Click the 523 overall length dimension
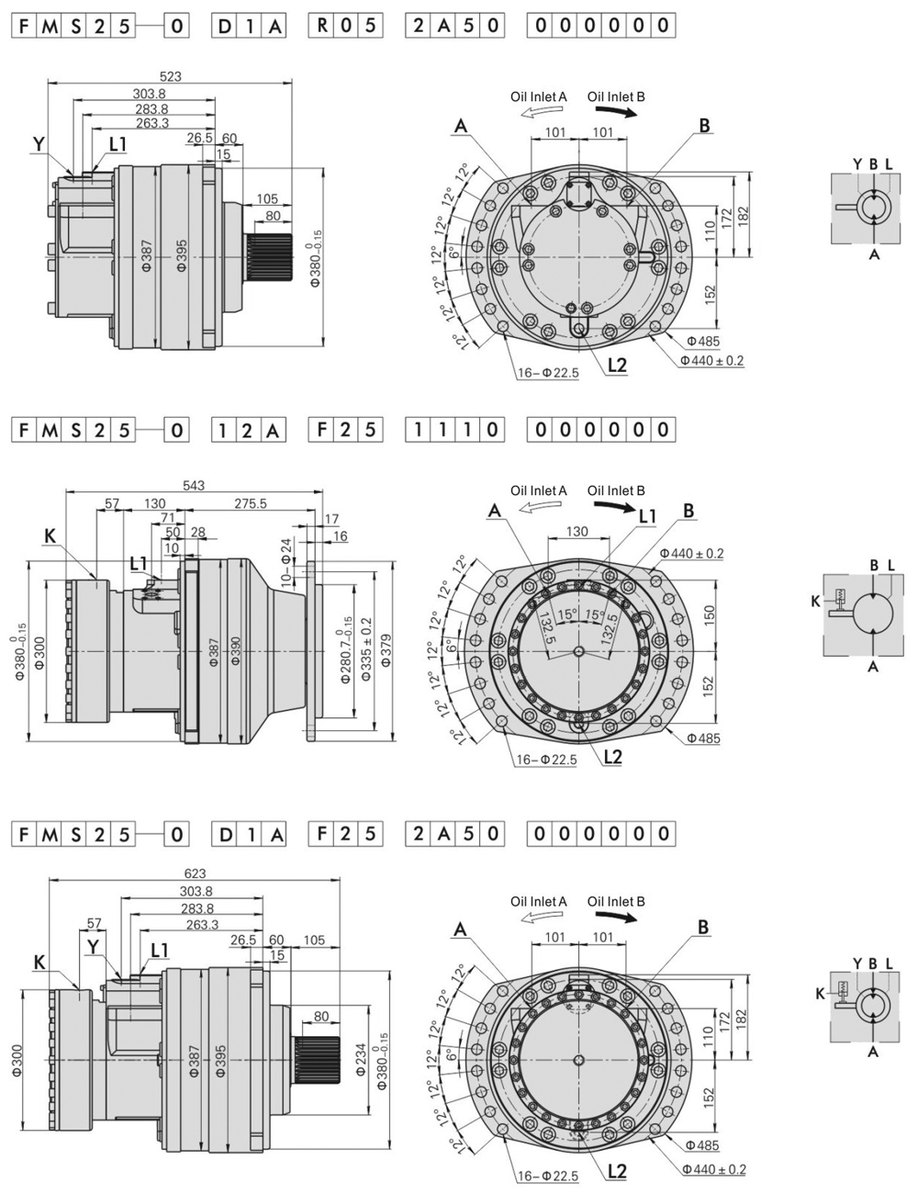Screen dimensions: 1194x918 click(x=171, y=77)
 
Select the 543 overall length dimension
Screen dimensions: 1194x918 click(x=194, y=485)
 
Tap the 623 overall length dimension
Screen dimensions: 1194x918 click(x=195, y=873)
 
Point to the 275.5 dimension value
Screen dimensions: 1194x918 click(x=251, y=503)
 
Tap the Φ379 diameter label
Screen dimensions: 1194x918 click(x=386, y=651)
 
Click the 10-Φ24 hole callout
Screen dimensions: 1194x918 click(x=285, y=562)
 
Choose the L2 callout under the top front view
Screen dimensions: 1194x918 click(x=616, y=365)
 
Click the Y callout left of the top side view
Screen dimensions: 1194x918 click(x=38, y=143)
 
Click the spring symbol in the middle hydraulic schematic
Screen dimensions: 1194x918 click(x=839, y=594)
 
